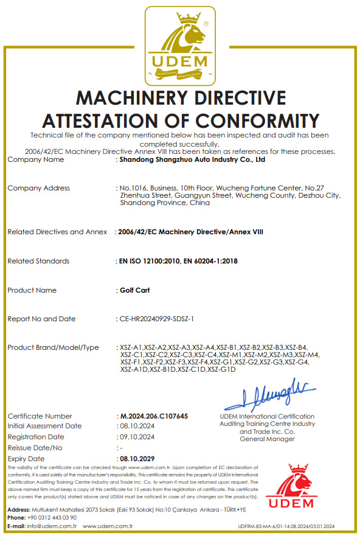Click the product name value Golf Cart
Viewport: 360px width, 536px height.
tap(135, 290)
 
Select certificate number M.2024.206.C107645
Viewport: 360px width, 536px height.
tap(154, 416)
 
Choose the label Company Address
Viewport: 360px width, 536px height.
tap(38, 188)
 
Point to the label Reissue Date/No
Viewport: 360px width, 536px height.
tap(35, 448)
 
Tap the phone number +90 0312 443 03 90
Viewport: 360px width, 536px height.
tap(52, 517)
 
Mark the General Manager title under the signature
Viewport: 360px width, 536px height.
tap(268, 439)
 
